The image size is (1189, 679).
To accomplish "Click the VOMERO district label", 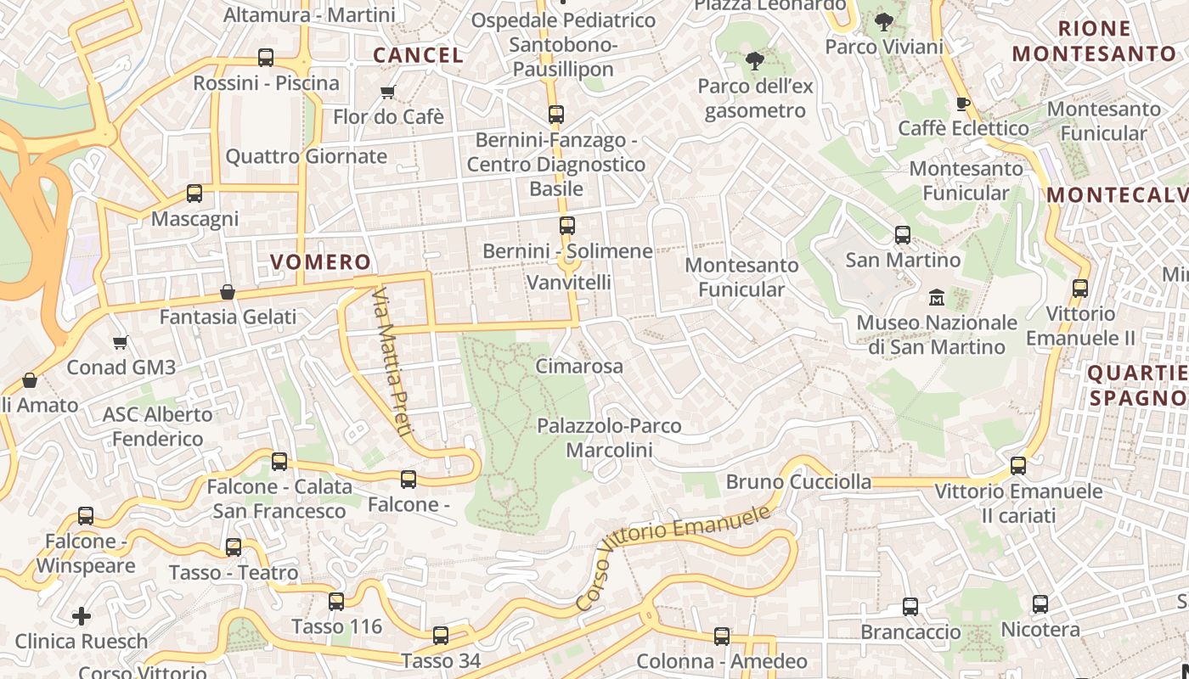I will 320,261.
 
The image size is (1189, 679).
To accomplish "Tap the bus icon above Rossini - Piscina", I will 266,58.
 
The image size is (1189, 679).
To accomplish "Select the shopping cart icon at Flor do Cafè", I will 388,92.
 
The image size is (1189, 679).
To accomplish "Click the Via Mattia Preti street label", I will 392,361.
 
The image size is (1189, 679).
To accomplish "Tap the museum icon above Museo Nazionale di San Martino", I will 937,297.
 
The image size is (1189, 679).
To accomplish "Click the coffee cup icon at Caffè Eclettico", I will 962,104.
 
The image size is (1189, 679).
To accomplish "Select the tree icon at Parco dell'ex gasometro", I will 754,60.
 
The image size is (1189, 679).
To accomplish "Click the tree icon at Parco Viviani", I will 884,22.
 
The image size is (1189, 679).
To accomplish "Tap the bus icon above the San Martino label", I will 903,234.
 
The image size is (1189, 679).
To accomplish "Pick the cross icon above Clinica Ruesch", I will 82,615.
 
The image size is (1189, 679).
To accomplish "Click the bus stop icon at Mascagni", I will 194,194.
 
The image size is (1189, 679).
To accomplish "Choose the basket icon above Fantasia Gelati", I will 228,292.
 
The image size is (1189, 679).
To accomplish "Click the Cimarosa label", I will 579,367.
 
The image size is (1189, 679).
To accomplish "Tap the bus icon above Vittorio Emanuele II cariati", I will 1018,465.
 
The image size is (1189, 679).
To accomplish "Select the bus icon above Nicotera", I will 1040,604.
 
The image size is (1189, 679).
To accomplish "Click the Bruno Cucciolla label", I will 798,482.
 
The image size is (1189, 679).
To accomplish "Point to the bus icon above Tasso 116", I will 336,601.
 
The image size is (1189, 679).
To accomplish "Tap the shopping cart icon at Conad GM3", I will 120,342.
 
